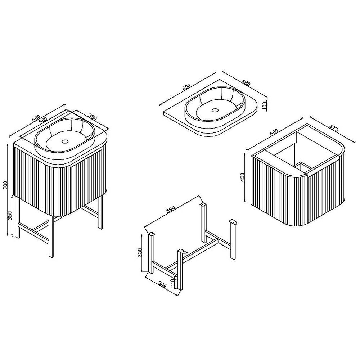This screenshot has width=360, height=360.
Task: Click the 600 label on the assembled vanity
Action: [x=36, y=118]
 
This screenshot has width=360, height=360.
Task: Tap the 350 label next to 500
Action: [x=93, y=118]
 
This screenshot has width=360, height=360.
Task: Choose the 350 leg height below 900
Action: [x=10, y=216]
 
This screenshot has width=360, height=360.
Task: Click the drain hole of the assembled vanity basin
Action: [x=65, y=141]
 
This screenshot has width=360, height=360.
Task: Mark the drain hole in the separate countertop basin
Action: [x=215, y=110]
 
